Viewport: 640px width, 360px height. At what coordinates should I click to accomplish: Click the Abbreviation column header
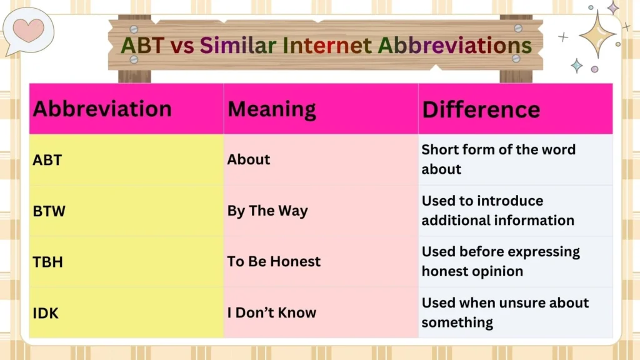tap(102, 109)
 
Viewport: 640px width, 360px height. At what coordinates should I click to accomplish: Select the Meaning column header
tap(272, 109)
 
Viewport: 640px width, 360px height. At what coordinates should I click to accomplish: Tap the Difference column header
tap(481, 109)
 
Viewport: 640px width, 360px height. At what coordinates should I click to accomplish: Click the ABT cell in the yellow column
tap(47, 159)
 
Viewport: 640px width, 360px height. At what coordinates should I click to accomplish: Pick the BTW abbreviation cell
tap(49, 211)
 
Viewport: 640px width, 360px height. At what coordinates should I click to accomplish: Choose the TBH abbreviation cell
tap(47, 261)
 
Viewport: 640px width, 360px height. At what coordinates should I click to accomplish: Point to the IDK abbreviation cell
tap(46, 312)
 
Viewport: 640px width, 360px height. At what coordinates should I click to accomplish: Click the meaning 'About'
tap(249, 159)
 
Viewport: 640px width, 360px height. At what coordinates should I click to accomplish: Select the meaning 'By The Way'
tap(267, 211)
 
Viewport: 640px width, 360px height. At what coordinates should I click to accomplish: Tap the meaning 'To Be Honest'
tap(274, 261)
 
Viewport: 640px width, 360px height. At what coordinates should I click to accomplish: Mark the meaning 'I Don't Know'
tap(272, 312)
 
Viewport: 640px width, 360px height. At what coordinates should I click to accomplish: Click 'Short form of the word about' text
tap(498, 159)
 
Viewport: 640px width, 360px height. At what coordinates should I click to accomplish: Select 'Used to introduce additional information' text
tap(497, 211)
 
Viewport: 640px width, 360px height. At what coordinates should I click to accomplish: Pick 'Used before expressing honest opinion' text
tap(500, 261)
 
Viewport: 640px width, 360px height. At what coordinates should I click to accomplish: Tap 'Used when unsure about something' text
tap(505, 312)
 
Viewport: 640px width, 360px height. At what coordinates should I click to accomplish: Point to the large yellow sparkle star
tap(598, 34)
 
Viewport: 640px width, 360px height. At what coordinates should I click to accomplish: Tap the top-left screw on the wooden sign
tap(134, 29)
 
